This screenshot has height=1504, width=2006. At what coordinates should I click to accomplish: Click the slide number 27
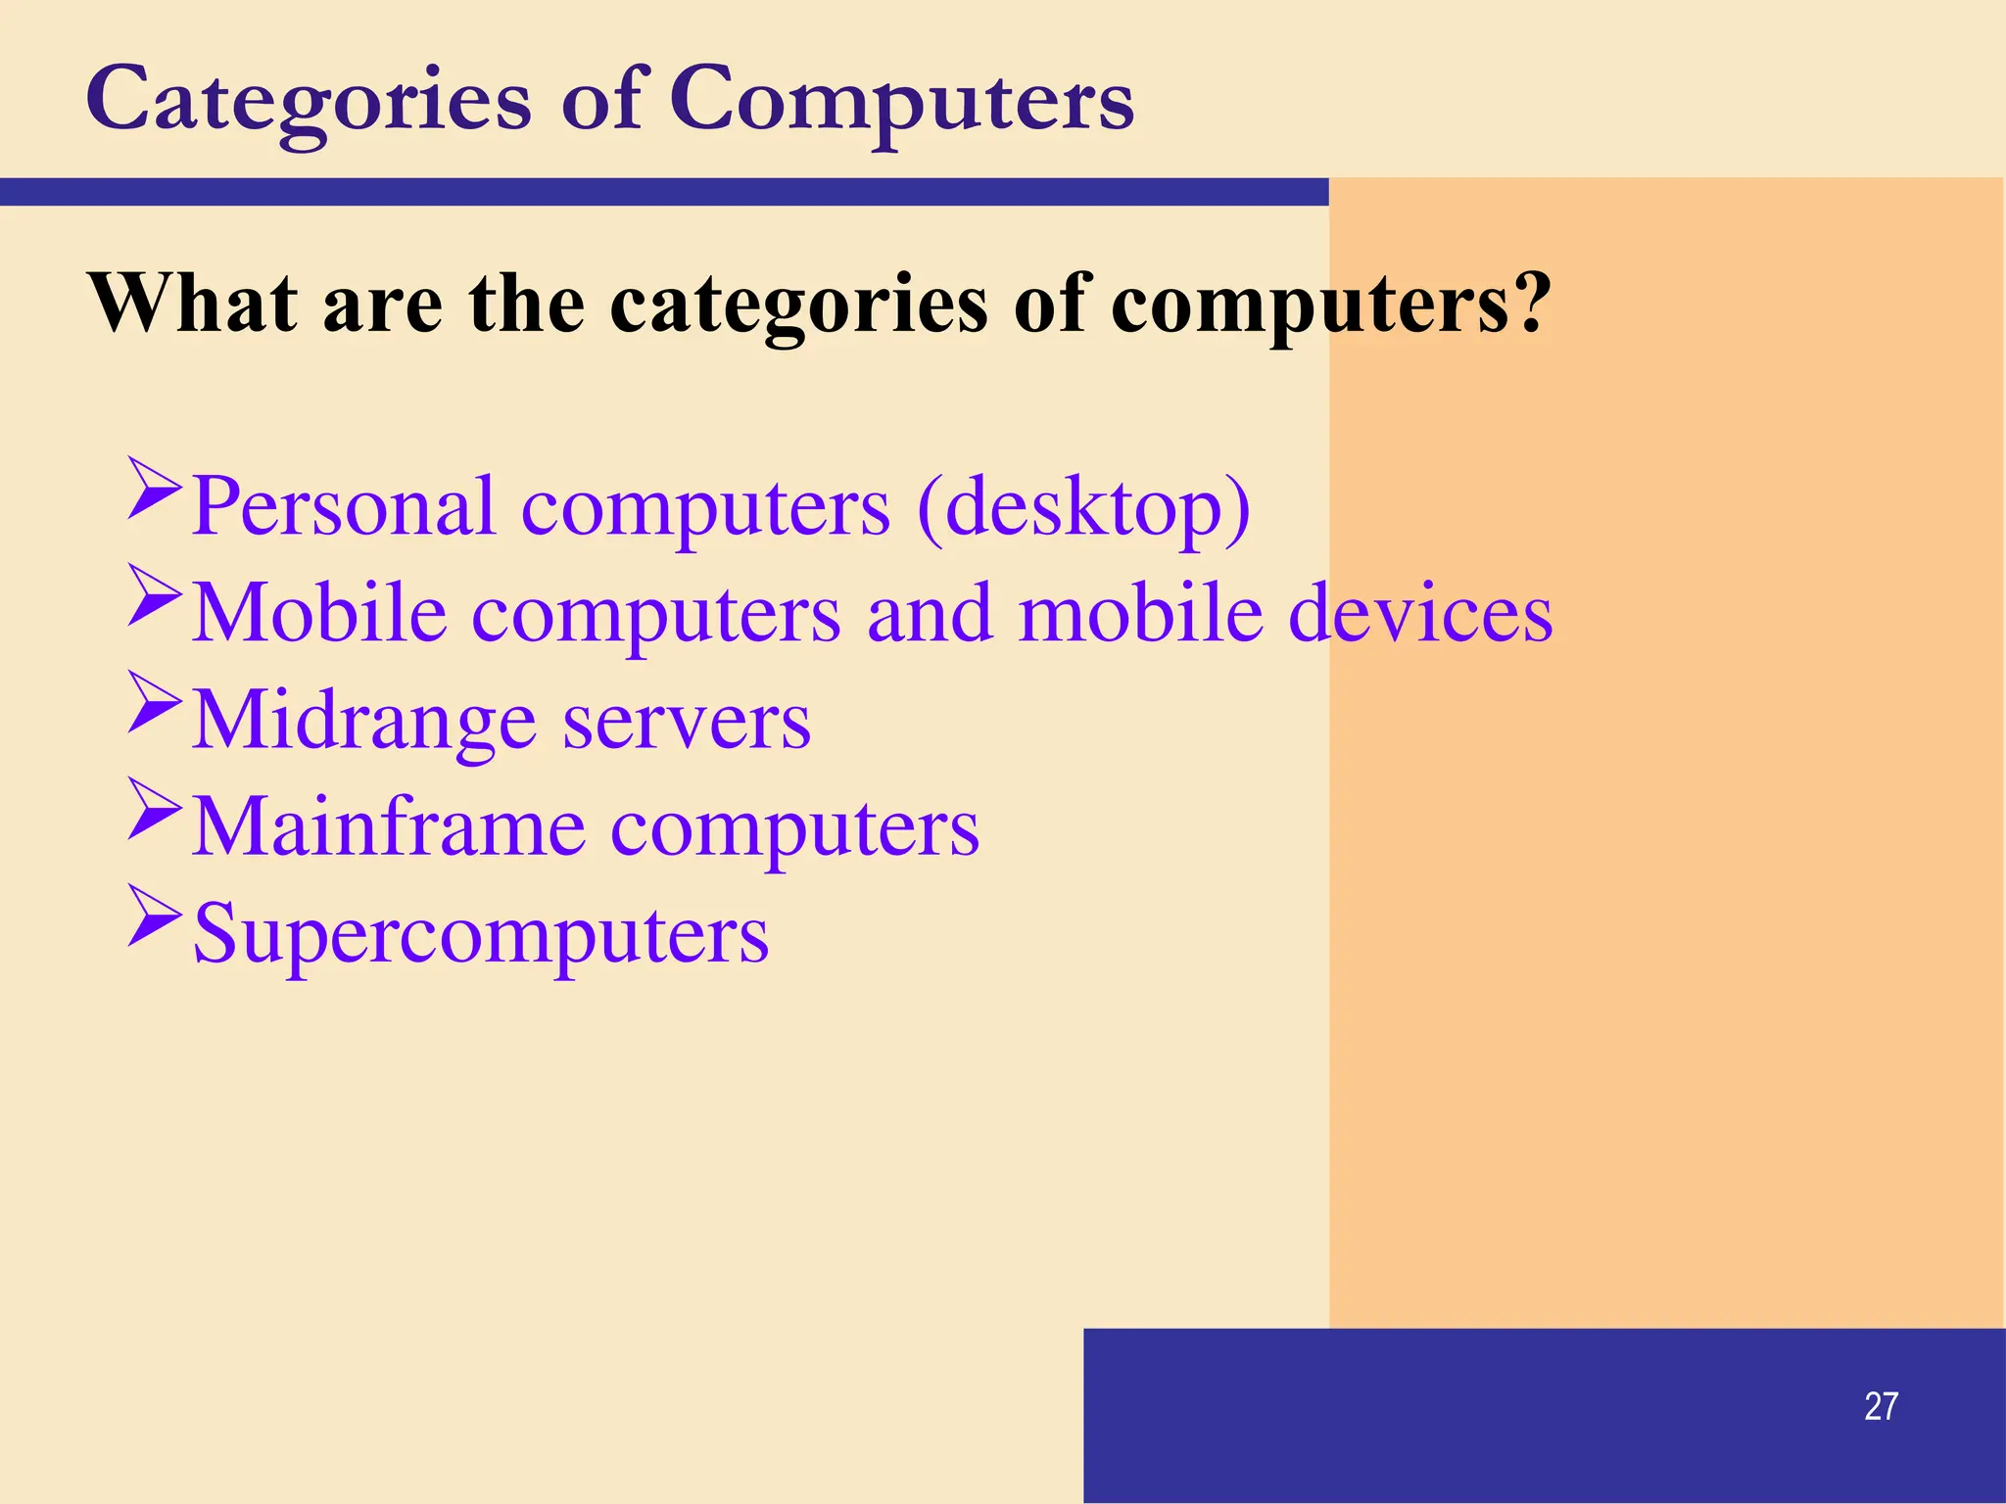tap(1881, 1406)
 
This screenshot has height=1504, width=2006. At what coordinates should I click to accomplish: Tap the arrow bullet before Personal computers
tap(155, 487)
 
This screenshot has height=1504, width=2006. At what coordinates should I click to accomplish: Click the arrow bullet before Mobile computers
tap(155, 594)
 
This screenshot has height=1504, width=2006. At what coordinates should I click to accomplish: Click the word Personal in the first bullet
tap(343, 507)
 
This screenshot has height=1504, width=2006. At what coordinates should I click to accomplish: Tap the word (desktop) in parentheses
tap(1083, 507)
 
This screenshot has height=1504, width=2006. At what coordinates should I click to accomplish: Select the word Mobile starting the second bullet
tap(319, 614)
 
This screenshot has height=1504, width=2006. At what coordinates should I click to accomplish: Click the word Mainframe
tap(388, 828)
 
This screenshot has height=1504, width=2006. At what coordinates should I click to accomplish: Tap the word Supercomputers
tap(481, 935)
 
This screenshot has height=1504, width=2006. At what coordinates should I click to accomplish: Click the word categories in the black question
tap(798, 305)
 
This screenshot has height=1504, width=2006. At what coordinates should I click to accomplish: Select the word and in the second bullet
tap(930, 614)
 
